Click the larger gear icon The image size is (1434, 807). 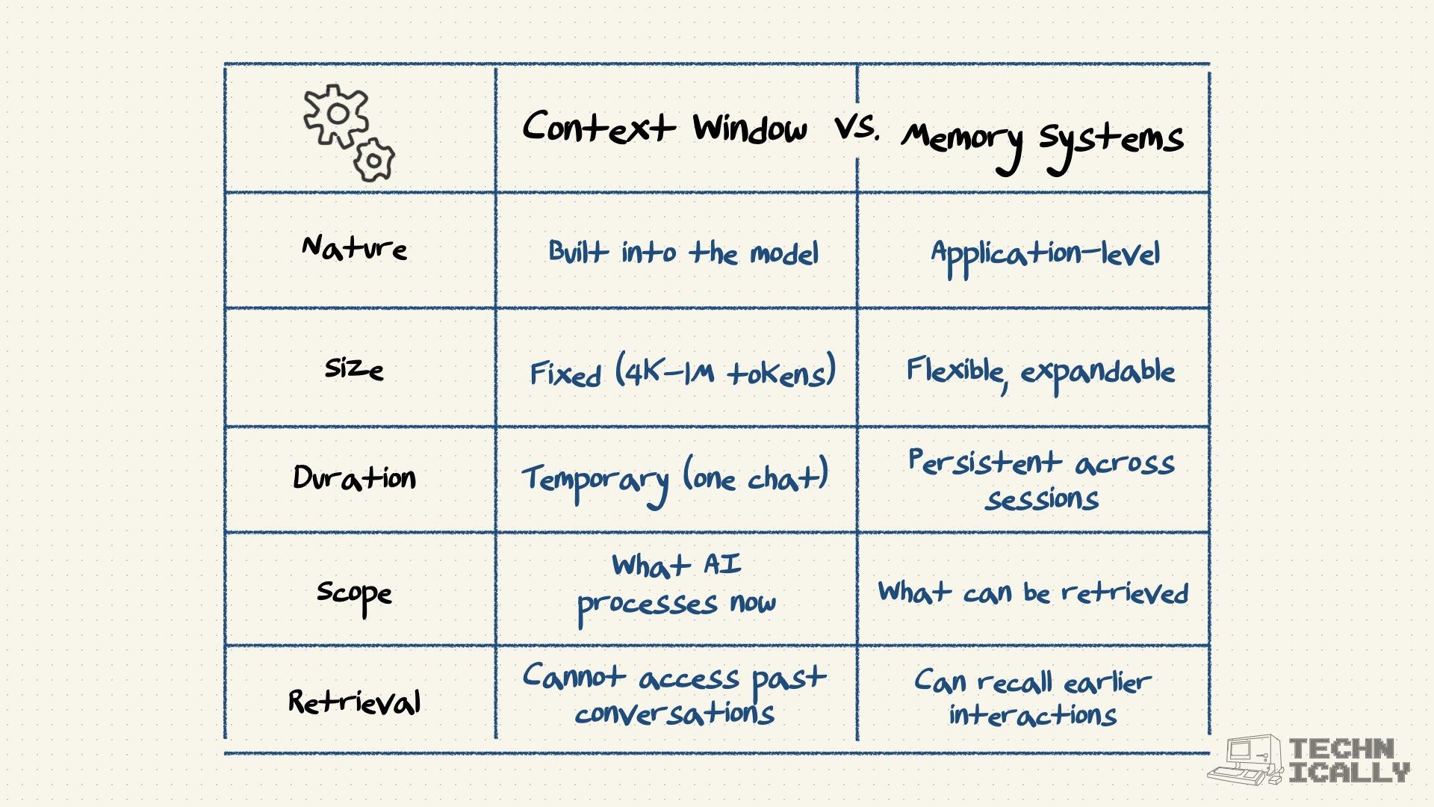[x=336, y=115]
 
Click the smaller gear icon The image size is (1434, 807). [x=374, y=160]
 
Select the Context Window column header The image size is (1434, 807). [x=664, y=127]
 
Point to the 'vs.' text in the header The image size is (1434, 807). [x=857, y=129]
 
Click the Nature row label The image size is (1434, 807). [x=354, y=248]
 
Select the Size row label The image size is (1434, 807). [x=354, y=368]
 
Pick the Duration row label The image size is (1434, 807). [x=354, y=477]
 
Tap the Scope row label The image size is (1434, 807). [x=354, y=594]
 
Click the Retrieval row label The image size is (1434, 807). [x=354, y=702]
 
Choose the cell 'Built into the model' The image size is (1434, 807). [x=683, y=253]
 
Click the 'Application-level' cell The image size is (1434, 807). [x=1045, y=255]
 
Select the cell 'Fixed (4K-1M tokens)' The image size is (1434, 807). [x=682, y=371]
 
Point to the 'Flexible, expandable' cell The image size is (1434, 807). [x=1040, y=371]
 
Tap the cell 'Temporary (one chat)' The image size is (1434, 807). [x=675, y=478]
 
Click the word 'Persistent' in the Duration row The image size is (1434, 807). [x=984, y=462]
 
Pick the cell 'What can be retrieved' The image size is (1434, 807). [x=1033, y=593]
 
